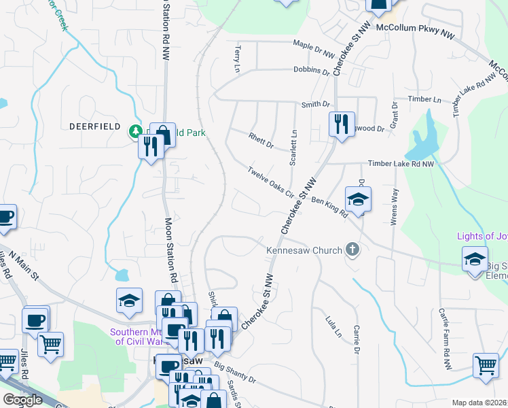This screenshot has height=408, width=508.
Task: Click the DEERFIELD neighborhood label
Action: pos(95,126)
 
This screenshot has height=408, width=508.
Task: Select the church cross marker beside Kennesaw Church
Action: pos(352,250)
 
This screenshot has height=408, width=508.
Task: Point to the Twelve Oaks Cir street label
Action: pos(270,182)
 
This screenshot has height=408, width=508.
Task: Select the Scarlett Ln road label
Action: pos(294,146)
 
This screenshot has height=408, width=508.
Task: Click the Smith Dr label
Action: pos(315,105)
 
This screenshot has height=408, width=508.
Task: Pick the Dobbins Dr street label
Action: pos(311,70)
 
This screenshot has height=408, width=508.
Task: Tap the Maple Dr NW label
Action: pos(314,49)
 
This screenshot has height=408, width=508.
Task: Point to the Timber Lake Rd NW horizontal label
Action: pos(400,164)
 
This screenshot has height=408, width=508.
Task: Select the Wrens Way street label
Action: pos(393,211)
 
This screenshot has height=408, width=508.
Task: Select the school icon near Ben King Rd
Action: pos(358,199)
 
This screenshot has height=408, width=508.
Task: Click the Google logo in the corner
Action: pos(22,400)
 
